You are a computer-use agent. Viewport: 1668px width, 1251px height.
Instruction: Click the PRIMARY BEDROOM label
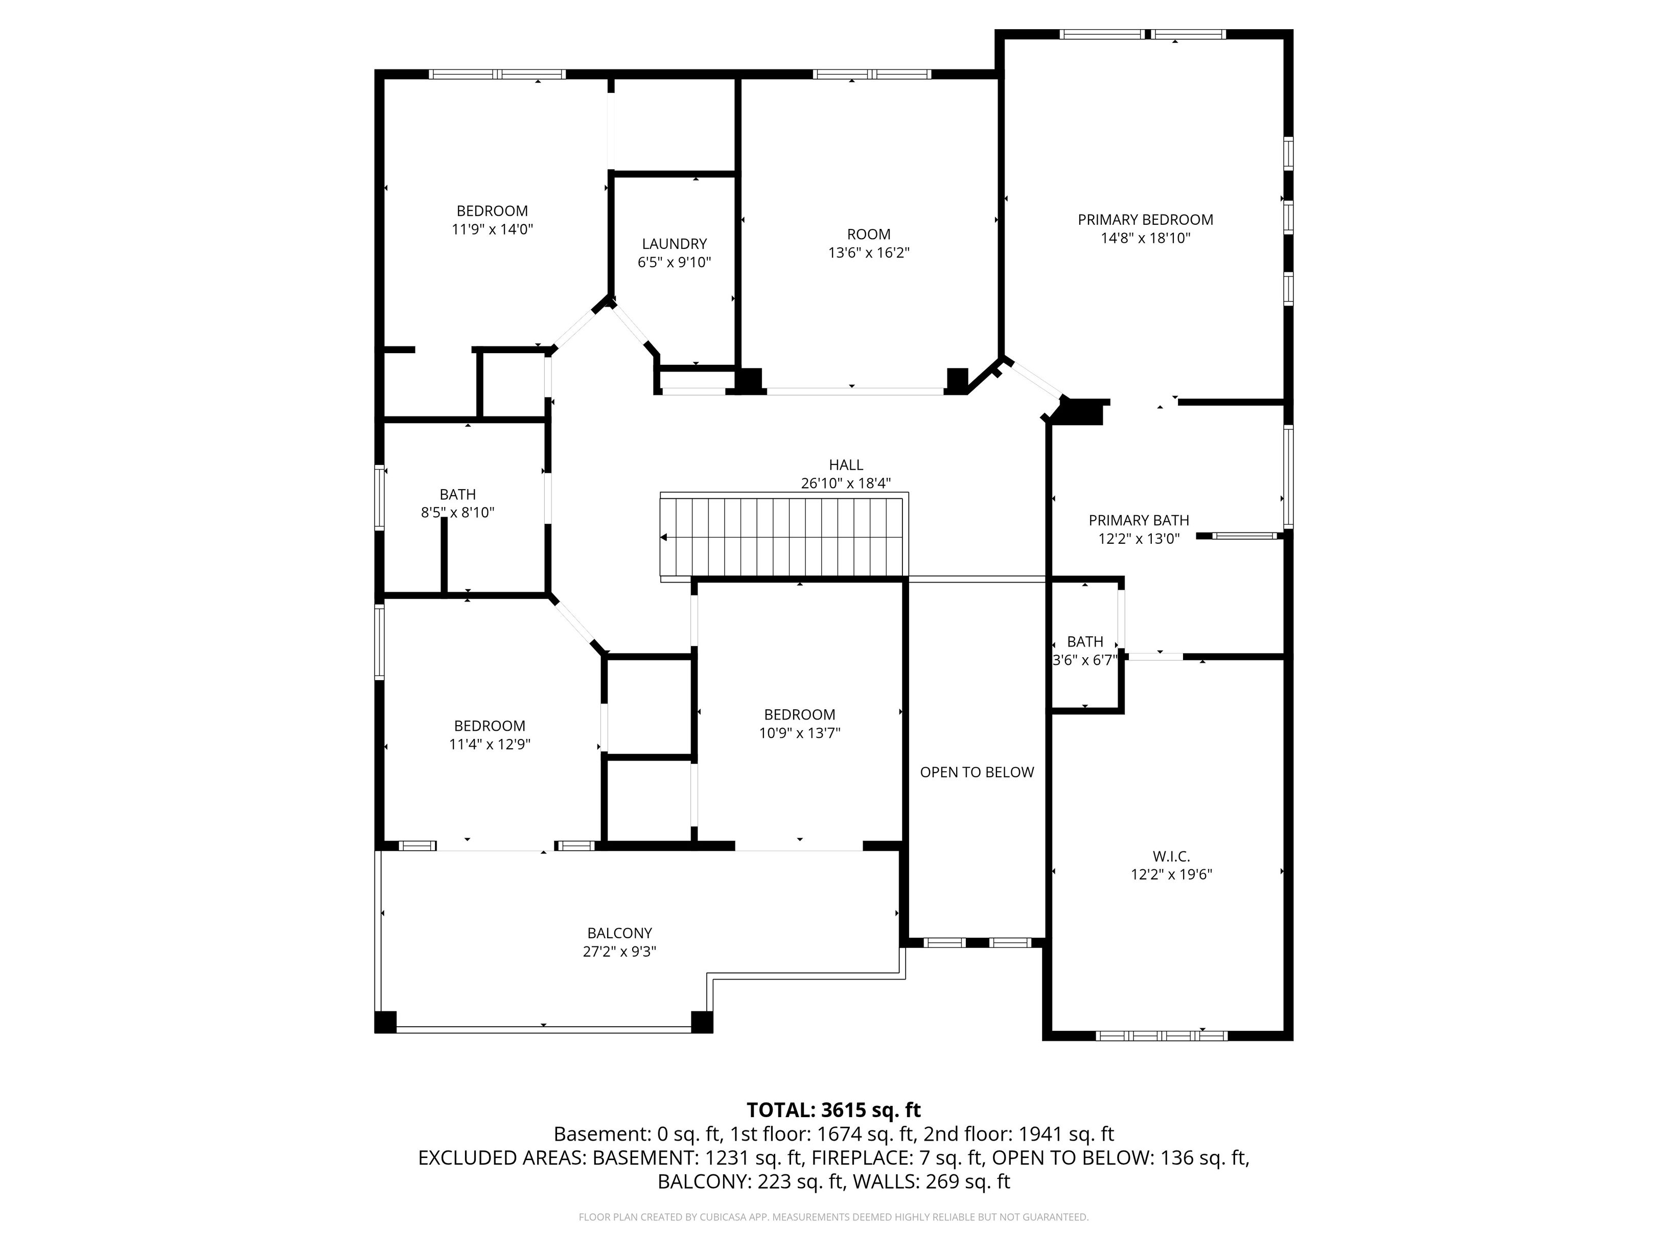pyautogui.click(x=1145, y=219)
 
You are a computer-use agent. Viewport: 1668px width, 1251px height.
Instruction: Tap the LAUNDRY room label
pyautogui.click(x=674, y=244)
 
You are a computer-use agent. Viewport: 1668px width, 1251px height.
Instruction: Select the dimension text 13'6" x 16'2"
pyautogui.click(x=869, y=252)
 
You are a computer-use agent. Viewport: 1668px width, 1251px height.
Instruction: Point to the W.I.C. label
pyautogui.click(x=1171, y=856)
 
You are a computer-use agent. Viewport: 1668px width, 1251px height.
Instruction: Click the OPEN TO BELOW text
pyautogui.click(x=977, y=772)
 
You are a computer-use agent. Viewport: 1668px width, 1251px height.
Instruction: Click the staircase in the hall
pyautogui.click(x=784, y=537)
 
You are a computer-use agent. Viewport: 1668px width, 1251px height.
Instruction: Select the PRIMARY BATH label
pyautogui.click(x=1139, y=520)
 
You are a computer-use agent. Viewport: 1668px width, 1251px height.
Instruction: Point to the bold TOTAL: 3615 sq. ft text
pyautogui.click(x=833, y=1110)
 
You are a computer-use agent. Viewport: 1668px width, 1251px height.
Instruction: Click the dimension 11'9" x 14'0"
pyautogui.click(x=493, y=229)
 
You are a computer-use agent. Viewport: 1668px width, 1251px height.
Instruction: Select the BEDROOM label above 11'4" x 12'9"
pyautogui.click(x=490, y=726)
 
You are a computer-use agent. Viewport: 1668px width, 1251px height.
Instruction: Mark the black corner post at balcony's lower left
pyautogui.click(x=385, y=1022)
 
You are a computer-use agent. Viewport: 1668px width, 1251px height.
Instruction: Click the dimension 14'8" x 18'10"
pyautogui.click(x=1145, y=238)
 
